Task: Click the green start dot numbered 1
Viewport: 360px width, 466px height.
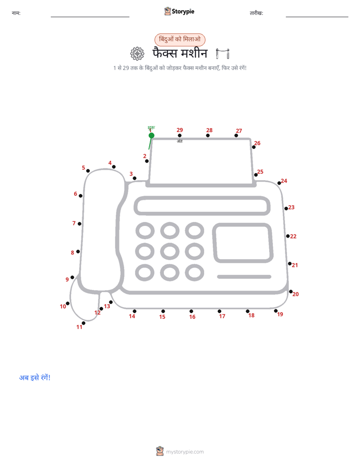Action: (x=151, y=136)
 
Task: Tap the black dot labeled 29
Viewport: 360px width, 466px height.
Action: (x=179, y=136)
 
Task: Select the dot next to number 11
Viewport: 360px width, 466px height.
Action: (x=84, y=323)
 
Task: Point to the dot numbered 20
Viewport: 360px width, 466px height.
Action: (x=291, y=292)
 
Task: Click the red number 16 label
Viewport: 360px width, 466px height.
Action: (x=192, y=317)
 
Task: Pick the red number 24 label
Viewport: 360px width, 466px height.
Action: (x=284, y=181)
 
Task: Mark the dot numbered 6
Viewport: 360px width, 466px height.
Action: (x=81, y=196)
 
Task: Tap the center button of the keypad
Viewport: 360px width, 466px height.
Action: (x=169, y=252)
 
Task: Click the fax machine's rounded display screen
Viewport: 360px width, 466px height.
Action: (x=243, y=243)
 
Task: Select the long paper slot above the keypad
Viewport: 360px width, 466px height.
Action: (x=202, y=206)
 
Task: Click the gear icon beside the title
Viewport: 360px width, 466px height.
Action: (x=137, y=54)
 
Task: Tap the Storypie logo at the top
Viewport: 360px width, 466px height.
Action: (x=179, y=11)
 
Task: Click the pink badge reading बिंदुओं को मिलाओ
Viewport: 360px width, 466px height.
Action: (x=179, y=39)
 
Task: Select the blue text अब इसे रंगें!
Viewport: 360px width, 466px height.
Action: (x=35, y=377)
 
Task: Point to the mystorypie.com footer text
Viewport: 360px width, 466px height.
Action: (x=185, y=452)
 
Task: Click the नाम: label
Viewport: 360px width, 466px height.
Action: (x=16, y=13)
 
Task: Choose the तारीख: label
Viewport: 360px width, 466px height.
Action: (x=256, y=13)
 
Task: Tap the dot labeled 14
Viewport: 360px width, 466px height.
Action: (x=135, y=311)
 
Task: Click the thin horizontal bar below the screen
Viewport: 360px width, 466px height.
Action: (x=244, y=277)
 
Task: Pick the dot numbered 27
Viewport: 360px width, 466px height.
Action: (x=236, y=136)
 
